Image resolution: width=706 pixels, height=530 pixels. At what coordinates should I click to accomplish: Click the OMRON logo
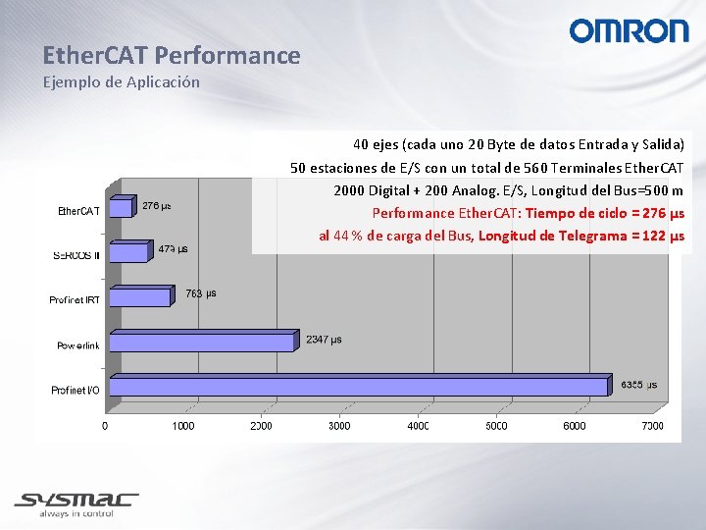click(x=629, y=31)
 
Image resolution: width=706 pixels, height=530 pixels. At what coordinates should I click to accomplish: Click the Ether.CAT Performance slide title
click(x=171, y=56)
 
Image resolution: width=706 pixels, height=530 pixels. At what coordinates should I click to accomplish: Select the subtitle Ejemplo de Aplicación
click(x=121, y=82)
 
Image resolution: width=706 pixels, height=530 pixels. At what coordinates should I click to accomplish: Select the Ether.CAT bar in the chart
click(x=121, y=207)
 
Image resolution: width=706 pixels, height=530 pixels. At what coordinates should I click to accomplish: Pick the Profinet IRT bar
click(x=140, y=296)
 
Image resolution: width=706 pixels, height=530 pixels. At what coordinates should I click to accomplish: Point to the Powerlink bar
click(x=202, y=342)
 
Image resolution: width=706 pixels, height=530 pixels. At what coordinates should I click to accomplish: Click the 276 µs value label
click(x=157, y=206)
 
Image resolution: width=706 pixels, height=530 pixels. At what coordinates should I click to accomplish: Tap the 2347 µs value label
click(x=324, y=340)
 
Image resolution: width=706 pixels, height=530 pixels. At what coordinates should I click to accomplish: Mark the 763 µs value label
click(x=201, y=293)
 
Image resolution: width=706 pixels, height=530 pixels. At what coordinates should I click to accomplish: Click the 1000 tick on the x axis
click(x=183, y=426)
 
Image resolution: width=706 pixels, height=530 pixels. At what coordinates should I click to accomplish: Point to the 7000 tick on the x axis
click(x=652, y=426)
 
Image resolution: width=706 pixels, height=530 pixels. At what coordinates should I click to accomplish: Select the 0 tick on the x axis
click(x=106, y=426)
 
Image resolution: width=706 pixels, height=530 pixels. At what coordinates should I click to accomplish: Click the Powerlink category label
click(x=77, y=345)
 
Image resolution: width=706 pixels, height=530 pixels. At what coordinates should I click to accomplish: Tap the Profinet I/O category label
click(x=76, y=391)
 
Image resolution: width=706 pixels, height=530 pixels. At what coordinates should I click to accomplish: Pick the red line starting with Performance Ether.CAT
click(x=528, y=213)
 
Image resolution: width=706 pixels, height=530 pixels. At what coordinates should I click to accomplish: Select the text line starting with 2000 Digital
click(x=508, y=190)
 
